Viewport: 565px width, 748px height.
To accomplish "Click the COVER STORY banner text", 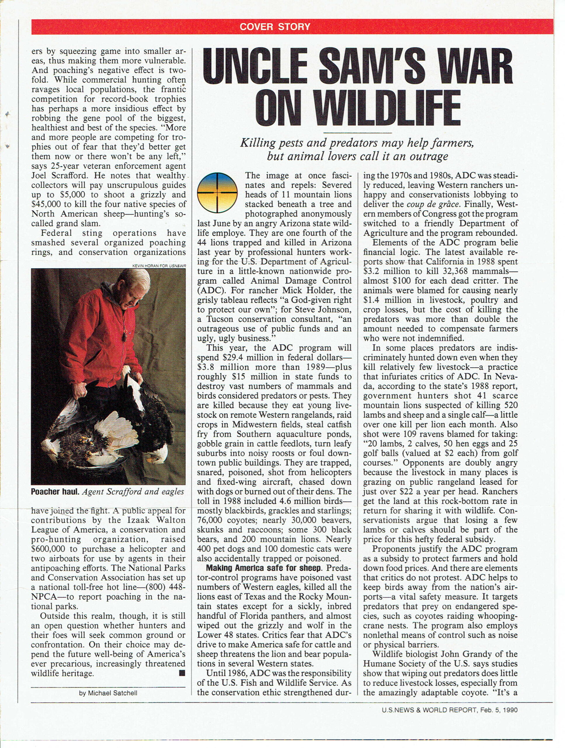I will click(x=275, y=27).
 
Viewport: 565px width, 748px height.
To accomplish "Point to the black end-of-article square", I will click(x=182, y=673).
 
